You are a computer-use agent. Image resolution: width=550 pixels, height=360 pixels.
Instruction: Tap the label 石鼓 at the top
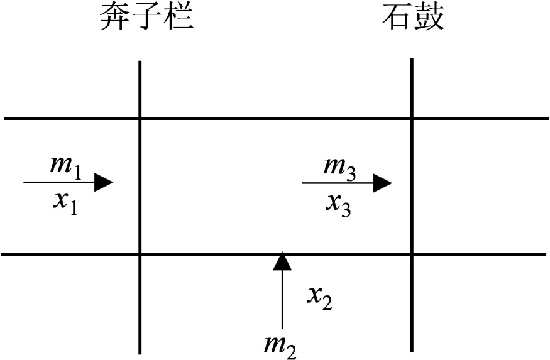(413, 18)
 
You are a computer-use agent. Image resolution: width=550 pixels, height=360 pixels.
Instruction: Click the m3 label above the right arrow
(339, 166)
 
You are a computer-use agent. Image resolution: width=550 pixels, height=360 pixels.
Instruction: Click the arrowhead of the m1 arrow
(104, 183)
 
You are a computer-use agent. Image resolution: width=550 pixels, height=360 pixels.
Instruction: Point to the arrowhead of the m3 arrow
(382, 183)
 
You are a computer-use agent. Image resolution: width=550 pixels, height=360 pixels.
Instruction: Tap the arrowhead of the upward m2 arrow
(282, 261)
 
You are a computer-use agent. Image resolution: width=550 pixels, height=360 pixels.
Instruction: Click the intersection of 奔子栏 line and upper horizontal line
(140, 118)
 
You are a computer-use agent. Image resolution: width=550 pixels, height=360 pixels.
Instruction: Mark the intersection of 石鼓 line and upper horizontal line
(412, 118)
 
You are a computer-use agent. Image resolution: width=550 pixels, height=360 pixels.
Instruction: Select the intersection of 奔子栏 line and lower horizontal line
(140, 254)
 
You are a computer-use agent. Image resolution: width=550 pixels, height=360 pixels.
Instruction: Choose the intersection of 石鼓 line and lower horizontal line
(412, 254)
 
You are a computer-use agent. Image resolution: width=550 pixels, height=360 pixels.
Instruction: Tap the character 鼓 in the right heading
(430, 18)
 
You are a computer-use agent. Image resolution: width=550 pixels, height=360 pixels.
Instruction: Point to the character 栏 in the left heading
(179, 18)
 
